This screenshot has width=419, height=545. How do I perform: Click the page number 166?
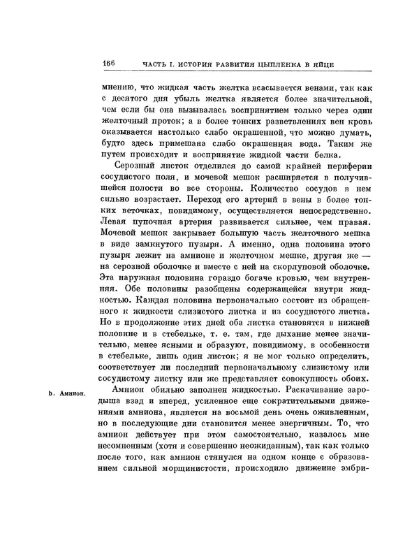[108, 64]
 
